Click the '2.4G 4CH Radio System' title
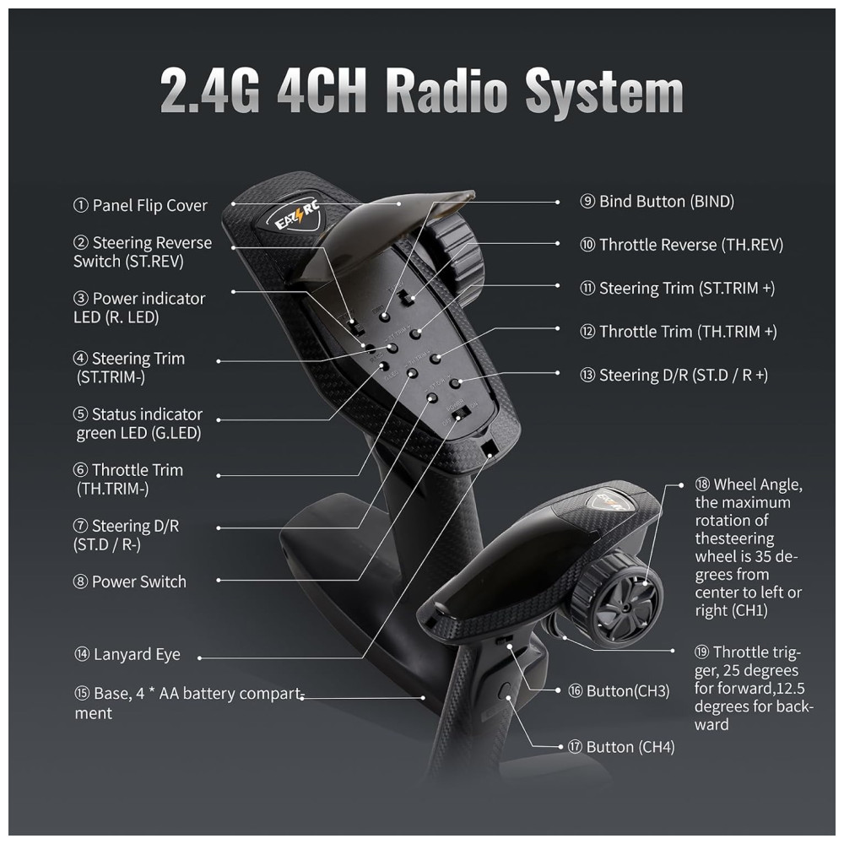[x=421, y=89]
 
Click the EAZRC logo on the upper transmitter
[x=296, y=214]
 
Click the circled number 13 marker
[x=587, y=376]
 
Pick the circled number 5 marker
[x=80, y=414]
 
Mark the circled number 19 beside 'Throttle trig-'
[x=701, y=652]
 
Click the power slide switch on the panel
[x=462, y=414]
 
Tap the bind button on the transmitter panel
[x=384, y=316]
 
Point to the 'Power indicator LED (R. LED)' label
[x=139, y=308]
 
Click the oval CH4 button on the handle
[x=505, y=690]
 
